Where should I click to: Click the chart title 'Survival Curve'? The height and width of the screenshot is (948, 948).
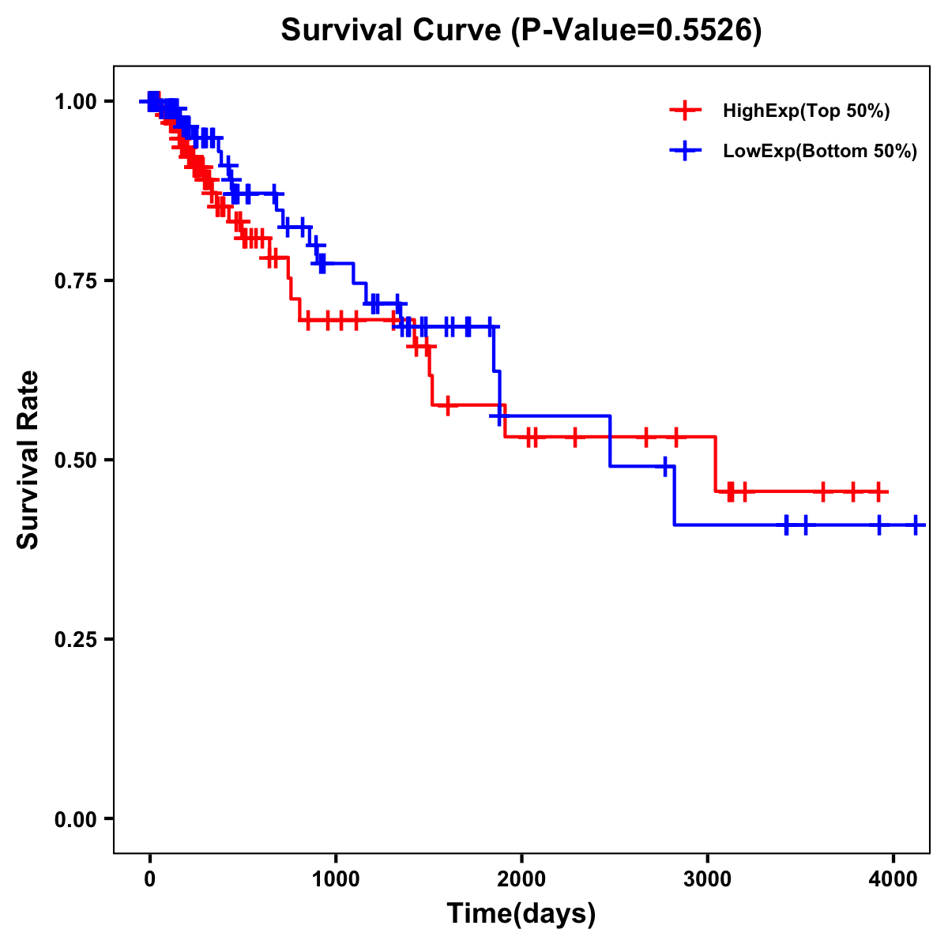click(x=391, y=31)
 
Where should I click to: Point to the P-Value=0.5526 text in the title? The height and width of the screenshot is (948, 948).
click(x=636, y=31)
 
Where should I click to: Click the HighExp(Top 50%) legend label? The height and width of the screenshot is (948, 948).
click(x=806, y=111)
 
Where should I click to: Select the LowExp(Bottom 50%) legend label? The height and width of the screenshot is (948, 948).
click(x=820, y=151)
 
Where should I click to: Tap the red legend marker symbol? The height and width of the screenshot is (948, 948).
click(x=685, y=111)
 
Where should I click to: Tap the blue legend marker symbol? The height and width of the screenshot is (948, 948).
click(x=685, y=150)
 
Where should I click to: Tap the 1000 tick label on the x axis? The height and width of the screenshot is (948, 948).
click(x=336, y=880)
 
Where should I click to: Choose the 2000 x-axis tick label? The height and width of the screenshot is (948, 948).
click(x=521, y=880)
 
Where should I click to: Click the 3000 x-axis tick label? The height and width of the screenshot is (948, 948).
click(x=707, y=880)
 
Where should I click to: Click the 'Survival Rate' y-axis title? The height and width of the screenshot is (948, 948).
click(x=28, y=460)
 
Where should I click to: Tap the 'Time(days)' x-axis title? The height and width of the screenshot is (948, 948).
click(x=521, y=914)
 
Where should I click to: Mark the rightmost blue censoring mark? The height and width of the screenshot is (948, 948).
click(x=915, y=525)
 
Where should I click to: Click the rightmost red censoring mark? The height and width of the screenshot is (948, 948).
click(x=878, y=491)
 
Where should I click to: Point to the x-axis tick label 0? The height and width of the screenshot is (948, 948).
click(x=149, y=880)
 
